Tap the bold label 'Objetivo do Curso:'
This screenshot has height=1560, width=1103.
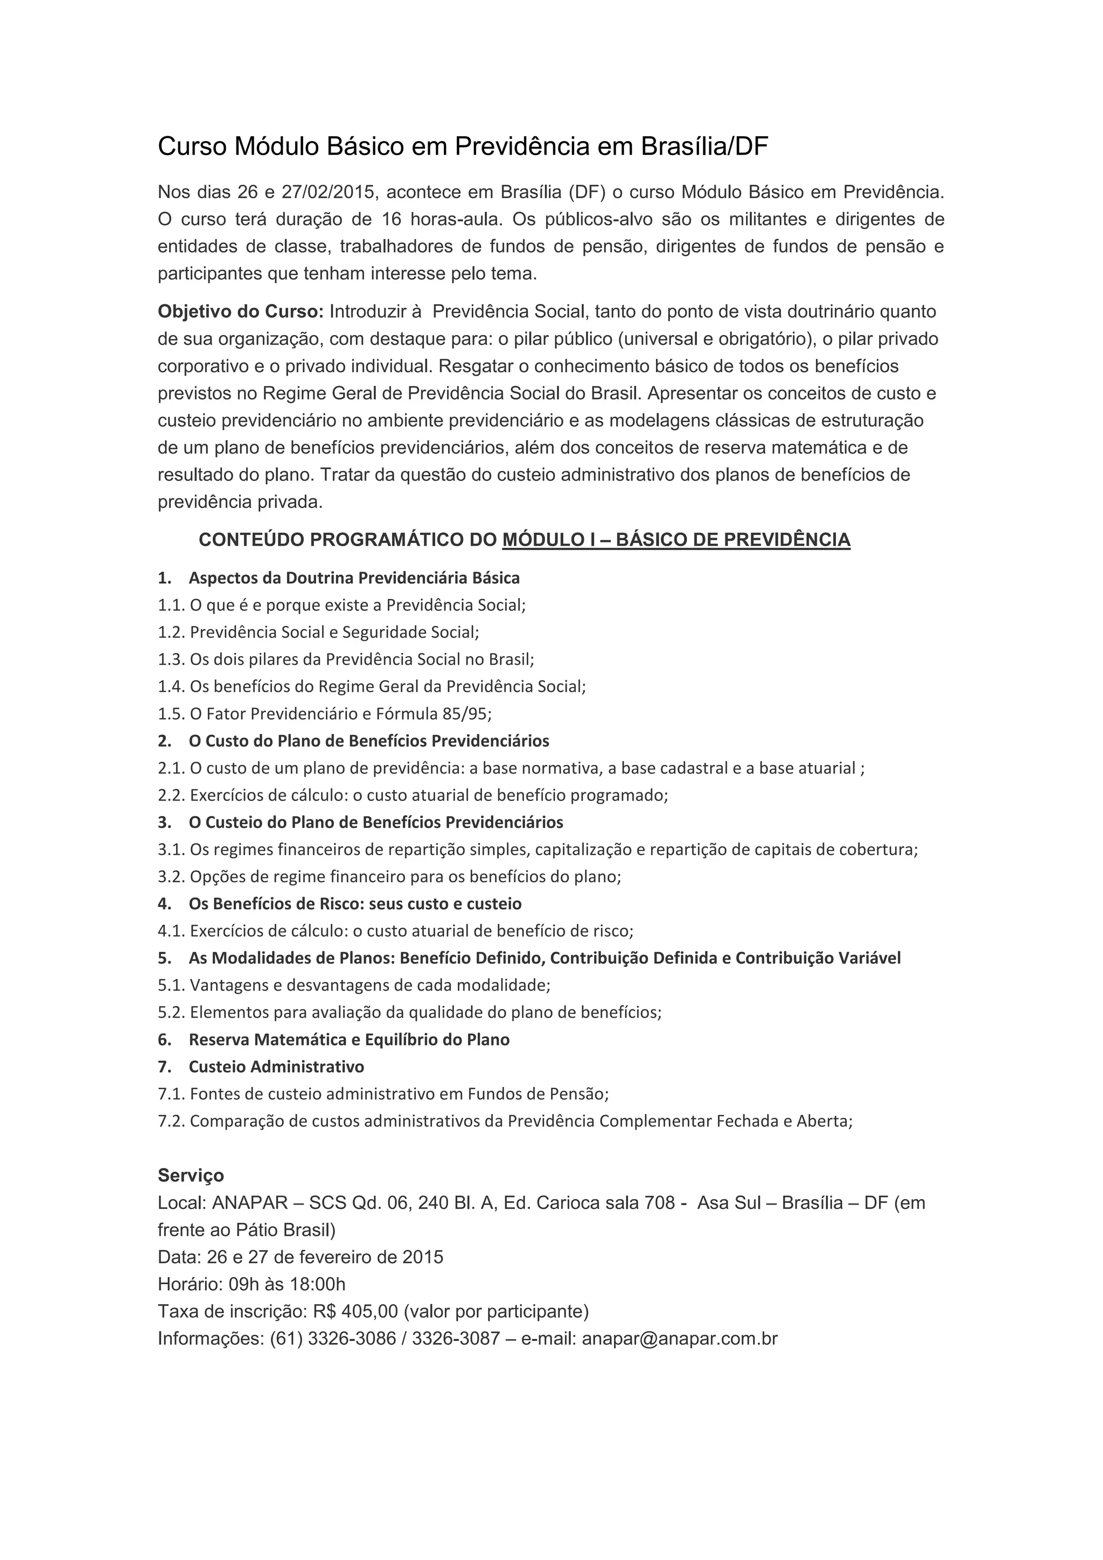click(x=240, y=312)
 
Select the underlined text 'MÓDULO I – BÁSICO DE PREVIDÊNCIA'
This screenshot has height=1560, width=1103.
click(x=676, y=540)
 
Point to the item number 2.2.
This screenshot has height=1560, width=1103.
click(x=171, y=796)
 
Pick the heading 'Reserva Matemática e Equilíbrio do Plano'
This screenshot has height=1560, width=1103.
click(x=349, y=1040)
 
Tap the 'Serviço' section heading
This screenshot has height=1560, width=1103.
click(x=191, y=1176)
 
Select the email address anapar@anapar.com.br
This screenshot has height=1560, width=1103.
click(x=679, y=1339)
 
